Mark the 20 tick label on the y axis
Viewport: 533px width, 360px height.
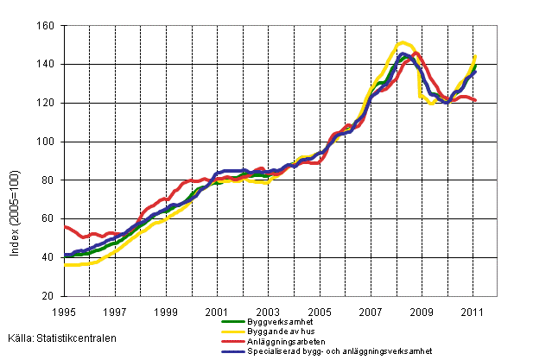[x=48, y=296]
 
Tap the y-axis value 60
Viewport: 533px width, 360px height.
[x=48, y=219]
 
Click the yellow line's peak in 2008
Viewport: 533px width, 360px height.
[x=403, y=41]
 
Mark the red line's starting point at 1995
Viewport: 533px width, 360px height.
[x=65, y=226]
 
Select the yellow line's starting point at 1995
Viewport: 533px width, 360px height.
[x=65, y=265]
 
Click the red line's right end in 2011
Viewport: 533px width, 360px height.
[x=476, y=101]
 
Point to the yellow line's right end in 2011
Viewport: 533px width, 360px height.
[x=476, y=56]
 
